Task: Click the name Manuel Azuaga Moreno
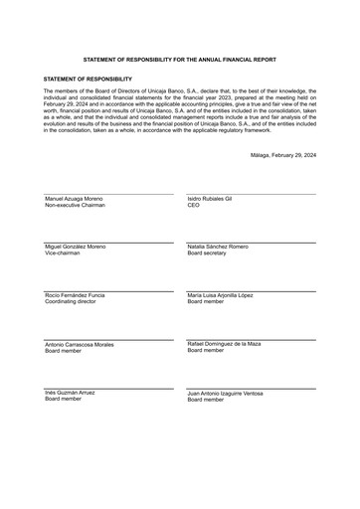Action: (x=74, y=199)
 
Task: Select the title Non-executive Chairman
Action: (x=75, y=206)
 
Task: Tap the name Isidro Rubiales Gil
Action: (x=210, y=199)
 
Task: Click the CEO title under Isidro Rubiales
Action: (x=193, y=206)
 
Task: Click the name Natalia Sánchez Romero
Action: (x=218, y=246)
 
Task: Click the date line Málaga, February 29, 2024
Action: (x=284, y=155)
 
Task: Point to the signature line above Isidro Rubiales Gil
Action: (x=251, y=194)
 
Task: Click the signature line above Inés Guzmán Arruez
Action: (x=108, y=388)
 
